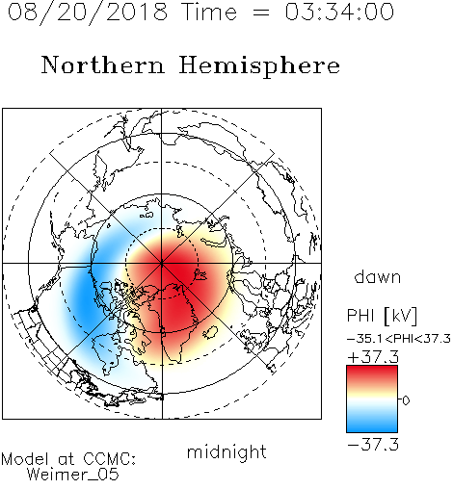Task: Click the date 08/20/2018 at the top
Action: (x=88, y=13)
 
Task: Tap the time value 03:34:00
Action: (x=339, y=12)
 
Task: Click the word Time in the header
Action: (x=209, y=12)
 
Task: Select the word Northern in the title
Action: (x=103, y=64)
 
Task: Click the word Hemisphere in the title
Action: (x=259, y=66)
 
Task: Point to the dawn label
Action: (x=378, y=276)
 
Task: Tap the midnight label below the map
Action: (x=226, y=452)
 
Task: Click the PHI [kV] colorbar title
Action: (x=382, y=316)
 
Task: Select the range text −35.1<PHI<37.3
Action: (x=399, y=339)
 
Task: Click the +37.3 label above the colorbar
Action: (x=373, y=357)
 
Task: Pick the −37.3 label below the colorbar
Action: (x=373, y=445)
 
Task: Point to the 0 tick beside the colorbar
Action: (x=406, y=400)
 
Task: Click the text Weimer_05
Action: (x=73, y=475)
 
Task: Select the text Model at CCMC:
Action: (x=68, y=459)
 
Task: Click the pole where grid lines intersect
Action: (x=162, y=263)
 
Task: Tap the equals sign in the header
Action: (x=260, y=13)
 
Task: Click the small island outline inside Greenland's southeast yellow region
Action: (x=211, y=332)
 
